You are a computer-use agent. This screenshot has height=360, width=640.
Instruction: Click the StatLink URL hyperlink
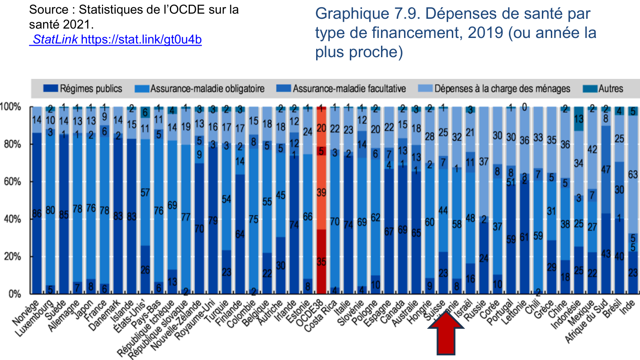tap(115, 40)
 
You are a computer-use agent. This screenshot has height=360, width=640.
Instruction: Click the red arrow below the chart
tap(446, 333)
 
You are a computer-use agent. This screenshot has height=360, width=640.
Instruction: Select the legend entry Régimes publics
tap(83, 89)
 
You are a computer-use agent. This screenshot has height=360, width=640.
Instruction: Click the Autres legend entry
tap(603, 89)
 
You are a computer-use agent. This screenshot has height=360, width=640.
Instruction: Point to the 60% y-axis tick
tap(12, 182)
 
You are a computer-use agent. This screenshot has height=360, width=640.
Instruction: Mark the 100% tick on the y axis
tap(11, 107)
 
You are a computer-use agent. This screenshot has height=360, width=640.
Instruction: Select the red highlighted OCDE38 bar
tap(321, 200)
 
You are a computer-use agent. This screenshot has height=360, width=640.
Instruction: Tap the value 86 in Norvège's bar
tap(37, 214)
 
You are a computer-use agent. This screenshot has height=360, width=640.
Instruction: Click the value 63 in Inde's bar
tap(633, 174)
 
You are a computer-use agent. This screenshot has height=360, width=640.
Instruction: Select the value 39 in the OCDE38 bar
tap(321, 193)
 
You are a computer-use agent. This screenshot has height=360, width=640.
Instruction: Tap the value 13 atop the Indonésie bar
tap(579, 119)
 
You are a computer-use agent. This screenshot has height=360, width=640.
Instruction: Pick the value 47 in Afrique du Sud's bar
tap(606, 170)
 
